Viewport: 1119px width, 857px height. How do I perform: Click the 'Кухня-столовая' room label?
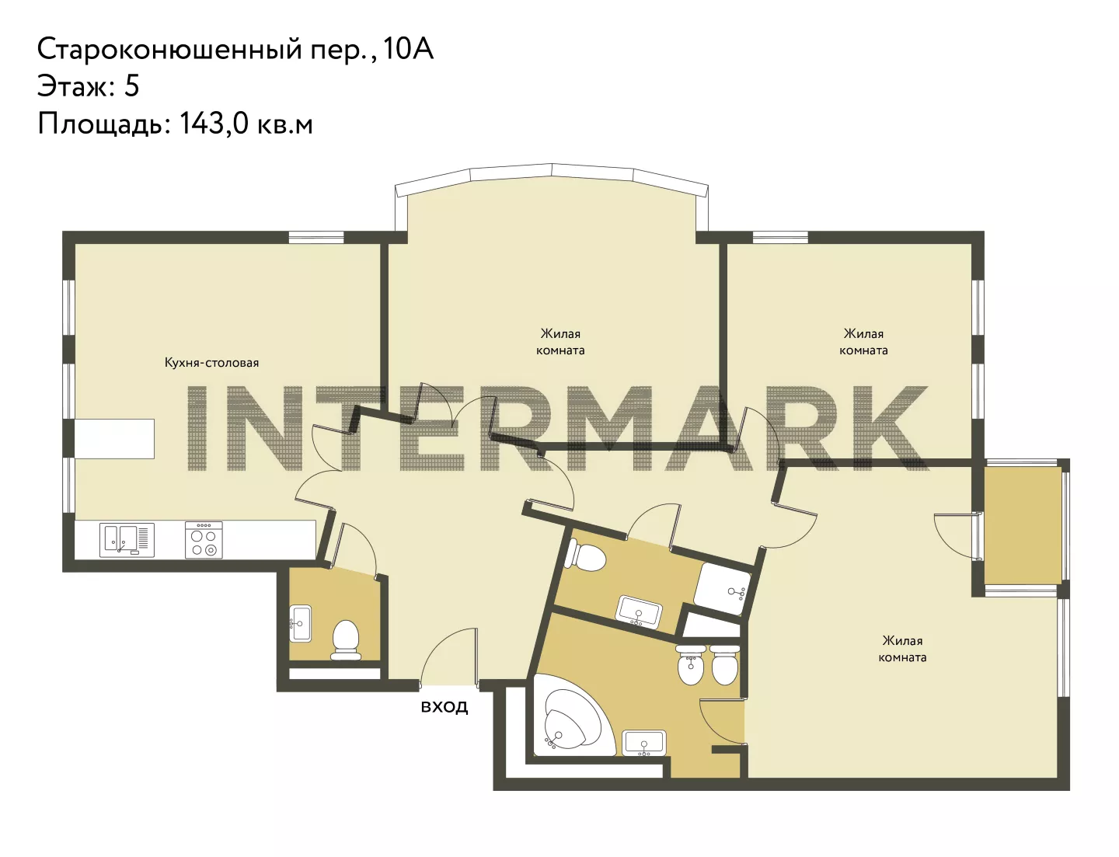tap(211, 363)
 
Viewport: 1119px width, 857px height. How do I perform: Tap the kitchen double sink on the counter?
tap(127, 540)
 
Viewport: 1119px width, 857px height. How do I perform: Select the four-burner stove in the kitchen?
tap(204, 540)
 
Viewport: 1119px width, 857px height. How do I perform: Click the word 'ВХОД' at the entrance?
tap(444, 707)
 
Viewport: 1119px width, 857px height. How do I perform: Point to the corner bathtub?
tap(572, 718)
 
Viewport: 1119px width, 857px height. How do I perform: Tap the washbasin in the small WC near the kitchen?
tap(300, 623)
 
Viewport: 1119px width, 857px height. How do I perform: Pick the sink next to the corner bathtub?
tap(644, 744)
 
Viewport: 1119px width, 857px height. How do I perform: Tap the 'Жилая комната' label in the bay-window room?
tap(560, 343)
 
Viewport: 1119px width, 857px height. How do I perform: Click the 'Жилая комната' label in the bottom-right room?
tap(902, 649)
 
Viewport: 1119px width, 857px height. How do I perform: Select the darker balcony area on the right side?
tap(1023, 525)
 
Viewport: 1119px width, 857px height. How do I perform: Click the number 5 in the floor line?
tap(132, 86)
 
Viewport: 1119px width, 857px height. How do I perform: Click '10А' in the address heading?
tap(408, 50)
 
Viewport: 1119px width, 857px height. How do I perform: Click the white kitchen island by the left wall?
tap(114, 438)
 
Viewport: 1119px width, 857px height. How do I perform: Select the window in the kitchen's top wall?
tap(315, 237)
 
